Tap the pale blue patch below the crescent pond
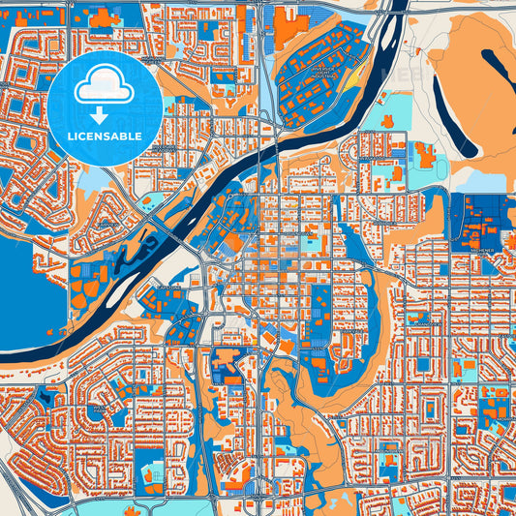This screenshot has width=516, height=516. (x=474, y=180)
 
